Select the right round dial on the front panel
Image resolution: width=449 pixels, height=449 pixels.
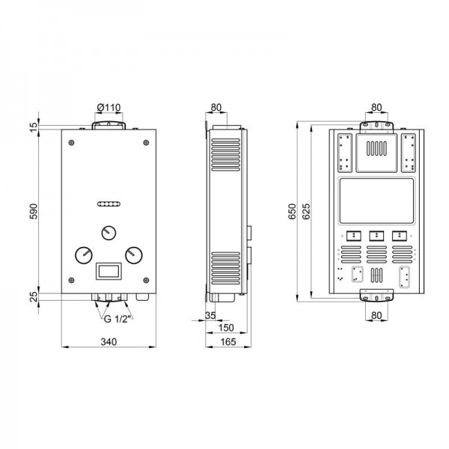coord(133,255)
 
